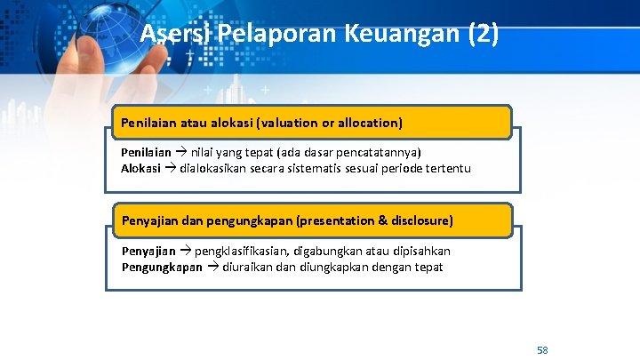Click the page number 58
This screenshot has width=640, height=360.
[x=542, y=350]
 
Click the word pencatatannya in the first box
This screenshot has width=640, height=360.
[x=380, y=153]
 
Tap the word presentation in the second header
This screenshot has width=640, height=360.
[x=340, y=220]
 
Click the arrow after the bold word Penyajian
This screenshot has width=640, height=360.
[x=185, y=251]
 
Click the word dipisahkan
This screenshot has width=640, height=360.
[x=419, y=251]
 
